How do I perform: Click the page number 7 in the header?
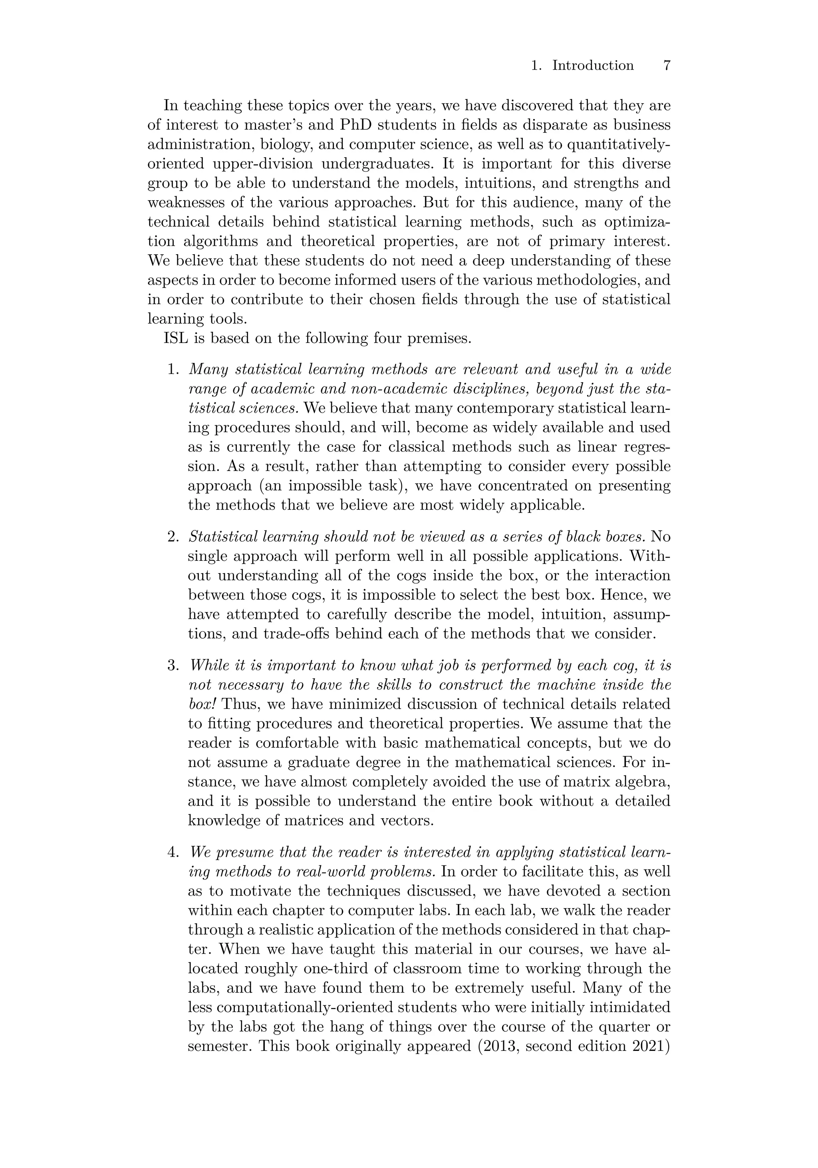click(667, 66)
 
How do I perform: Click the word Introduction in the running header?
click(593, 66)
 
